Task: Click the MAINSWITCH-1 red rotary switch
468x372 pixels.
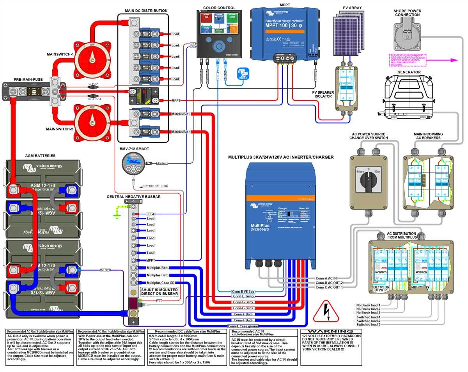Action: (x=91, y=60)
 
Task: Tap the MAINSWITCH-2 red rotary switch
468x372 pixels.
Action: (x=91, y=122)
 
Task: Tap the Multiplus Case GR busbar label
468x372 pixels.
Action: (x=160, y=282)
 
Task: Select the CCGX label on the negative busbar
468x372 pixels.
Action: (x=151, y=214)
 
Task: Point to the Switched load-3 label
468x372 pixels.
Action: (x=368, y=324)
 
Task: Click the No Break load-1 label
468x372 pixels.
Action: (x=368, y=305)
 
